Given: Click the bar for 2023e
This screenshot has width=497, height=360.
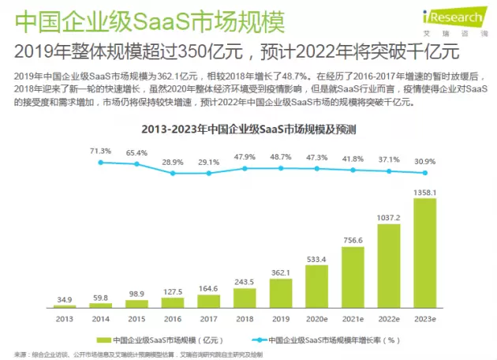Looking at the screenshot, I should tap(425, 252).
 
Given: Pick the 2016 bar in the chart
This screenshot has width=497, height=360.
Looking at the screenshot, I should tap(174, 303).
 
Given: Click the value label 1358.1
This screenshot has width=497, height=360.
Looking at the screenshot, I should tap(425, 191).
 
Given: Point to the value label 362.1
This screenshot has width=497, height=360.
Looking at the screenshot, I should tap(281, 273).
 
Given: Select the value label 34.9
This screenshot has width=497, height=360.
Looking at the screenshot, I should tap(65, 300).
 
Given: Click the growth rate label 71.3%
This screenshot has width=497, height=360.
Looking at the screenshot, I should tap(100, 150).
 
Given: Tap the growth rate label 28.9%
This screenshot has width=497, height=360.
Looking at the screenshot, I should tap(173, 161).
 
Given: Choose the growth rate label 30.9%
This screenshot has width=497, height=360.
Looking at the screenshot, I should tap(425, 160).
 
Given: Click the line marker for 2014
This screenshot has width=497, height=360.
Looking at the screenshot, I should tap(101, 162).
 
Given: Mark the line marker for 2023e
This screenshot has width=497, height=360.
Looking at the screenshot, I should tap(425, 172).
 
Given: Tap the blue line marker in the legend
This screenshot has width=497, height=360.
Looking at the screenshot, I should tap(259, 339).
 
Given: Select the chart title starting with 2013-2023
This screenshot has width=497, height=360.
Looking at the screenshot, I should tap(248, 129).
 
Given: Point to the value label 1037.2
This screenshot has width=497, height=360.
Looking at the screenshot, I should tap(389, 217).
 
